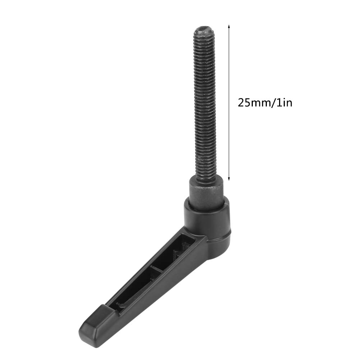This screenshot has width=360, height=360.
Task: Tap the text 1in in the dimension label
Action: (x=284, y=103)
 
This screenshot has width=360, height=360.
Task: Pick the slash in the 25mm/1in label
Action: (x=273, y=103)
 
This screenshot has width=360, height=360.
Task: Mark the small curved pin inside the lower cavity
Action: (x=122, y=306)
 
